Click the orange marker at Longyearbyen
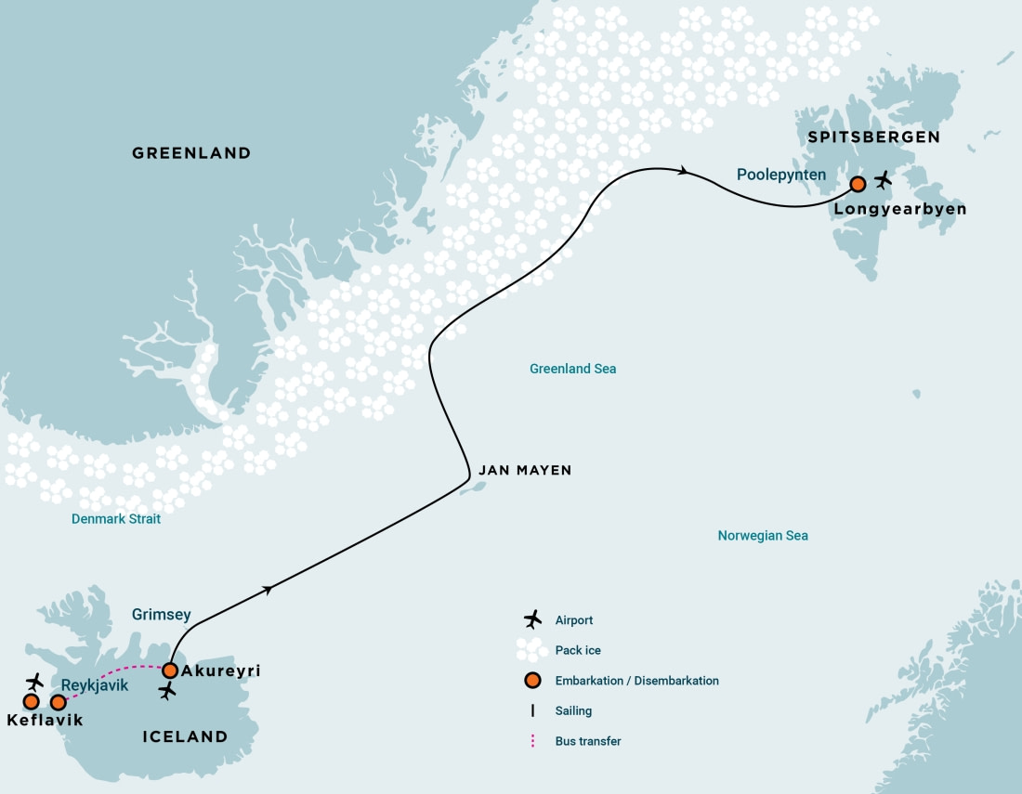858,184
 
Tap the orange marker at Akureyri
170,670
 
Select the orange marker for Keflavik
31,701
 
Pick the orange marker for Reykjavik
58,702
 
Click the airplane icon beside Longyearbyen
883,178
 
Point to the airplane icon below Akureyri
167,691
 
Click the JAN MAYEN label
524,471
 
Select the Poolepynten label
780,174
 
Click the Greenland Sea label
572,369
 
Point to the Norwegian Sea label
762,536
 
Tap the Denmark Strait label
116,519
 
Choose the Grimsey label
162,614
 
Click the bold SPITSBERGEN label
873,137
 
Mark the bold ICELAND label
185,736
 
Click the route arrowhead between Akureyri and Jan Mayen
269,589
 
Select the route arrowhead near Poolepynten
685,170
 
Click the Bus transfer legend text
588,741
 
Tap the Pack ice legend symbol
532,650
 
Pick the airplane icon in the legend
532,619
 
